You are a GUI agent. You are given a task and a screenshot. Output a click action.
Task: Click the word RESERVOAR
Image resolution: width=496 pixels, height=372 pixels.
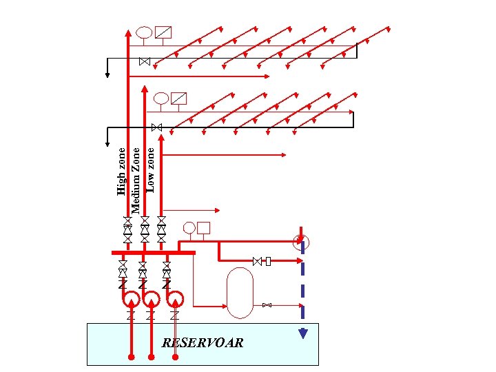(202, 342)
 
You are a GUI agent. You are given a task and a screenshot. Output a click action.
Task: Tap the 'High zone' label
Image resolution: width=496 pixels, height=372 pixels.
(122, 171)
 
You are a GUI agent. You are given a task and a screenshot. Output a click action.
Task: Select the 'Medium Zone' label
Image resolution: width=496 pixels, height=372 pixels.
(136, 179)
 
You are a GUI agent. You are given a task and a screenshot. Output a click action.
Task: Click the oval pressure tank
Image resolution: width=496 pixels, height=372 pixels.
(240, 293)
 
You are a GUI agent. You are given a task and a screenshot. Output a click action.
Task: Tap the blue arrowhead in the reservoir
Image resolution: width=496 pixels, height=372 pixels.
(302, 334)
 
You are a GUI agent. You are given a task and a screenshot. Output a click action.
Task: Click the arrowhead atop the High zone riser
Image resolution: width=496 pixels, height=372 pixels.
(128, 31)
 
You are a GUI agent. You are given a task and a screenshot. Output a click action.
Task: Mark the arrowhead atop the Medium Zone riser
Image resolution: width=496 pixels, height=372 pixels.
(145, 88)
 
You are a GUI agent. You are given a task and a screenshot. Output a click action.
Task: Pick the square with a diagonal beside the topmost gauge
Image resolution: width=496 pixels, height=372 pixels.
(163, 32)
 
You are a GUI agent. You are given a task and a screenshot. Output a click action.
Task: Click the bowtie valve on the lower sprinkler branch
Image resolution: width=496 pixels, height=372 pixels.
(156, 127)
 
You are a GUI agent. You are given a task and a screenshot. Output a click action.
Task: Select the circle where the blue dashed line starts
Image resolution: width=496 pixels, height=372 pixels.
(300, 242)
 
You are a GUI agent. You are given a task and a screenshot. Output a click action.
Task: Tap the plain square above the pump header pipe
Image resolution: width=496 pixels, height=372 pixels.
(204, 227)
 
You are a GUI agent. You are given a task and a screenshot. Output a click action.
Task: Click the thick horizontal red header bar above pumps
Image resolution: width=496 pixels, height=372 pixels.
(154, 253)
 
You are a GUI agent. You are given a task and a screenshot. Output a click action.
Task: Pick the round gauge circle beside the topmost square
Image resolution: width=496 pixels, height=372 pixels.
(144, 32)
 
